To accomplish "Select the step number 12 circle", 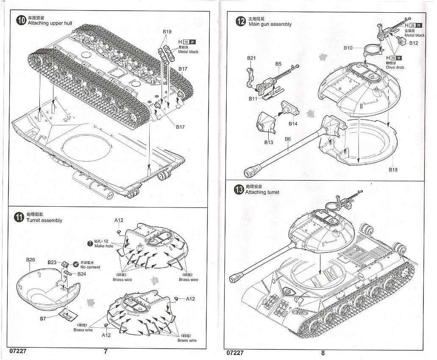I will coord(241,22).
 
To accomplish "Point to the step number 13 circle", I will coord(239,189).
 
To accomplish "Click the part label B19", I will coord(167,32).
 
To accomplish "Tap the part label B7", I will coord(43,318).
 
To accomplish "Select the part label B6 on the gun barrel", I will coord(288,139).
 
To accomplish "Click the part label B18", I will coord(393,169).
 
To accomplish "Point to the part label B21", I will coord(251,58).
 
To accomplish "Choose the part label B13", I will coord(269,142).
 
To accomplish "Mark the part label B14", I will coord(293,124).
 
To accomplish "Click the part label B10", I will coord(348,48).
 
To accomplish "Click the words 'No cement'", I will coord(90,267).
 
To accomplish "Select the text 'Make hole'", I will coord(104,246).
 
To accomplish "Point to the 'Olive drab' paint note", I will coord(395,67).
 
